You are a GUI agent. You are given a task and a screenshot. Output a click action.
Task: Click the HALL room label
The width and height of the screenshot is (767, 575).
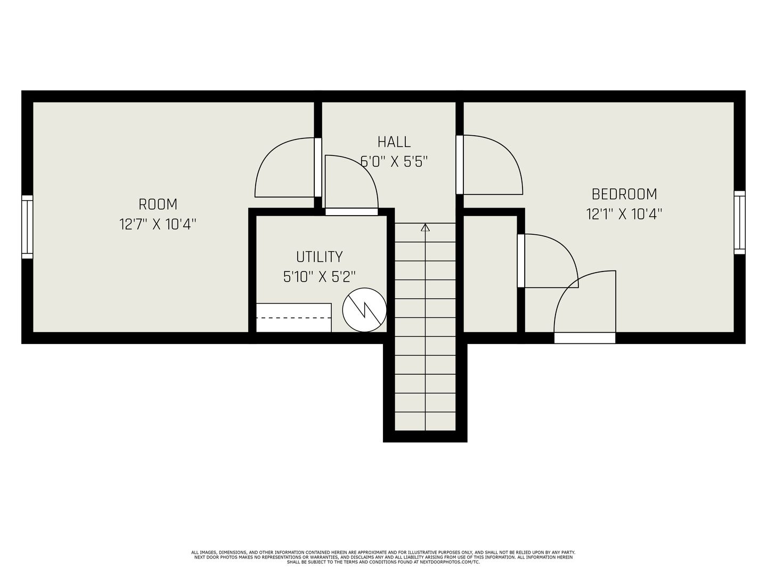[394, 142]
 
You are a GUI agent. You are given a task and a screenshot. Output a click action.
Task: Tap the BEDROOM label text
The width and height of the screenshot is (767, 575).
[624, 194]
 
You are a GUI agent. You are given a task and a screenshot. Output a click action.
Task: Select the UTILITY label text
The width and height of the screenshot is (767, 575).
[319, 257]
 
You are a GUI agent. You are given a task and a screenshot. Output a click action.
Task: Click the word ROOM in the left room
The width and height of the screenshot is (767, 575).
[158, 204]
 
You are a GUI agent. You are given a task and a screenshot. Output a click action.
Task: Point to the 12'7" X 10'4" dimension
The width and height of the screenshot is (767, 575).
[158, 224]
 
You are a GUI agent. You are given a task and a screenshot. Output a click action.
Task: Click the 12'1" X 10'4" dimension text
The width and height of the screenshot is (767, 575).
[624, 214]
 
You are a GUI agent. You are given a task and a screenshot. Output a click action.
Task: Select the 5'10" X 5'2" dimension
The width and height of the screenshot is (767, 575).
[319, 277]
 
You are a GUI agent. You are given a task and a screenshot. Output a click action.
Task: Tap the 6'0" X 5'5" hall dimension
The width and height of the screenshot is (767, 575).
[394, 162]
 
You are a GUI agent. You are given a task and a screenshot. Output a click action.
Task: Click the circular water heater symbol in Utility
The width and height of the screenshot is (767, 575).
[364, 310]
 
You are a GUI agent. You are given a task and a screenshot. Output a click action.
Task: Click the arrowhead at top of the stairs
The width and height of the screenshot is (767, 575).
[425, 228]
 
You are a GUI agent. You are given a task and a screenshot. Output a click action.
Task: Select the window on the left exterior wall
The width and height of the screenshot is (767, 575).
[27, 227]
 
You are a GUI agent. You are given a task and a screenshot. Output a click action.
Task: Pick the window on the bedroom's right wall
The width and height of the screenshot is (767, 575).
[739, 223]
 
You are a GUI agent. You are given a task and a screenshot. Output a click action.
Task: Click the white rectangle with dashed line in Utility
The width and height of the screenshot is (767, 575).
[294, 318]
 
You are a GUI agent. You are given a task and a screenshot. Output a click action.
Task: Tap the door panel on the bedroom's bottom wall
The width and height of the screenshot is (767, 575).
[585, 338]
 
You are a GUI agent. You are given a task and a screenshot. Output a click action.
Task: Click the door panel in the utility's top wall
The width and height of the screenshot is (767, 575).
[352, 212]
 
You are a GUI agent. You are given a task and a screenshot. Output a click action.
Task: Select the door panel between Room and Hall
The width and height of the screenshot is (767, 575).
[317, 167]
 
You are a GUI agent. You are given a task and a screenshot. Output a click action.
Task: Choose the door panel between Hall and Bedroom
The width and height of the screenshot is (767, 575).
[460, 165]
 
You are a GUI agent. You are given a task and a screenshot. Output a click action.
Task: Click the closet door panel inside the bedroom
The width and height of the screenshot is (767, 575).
[521, 260]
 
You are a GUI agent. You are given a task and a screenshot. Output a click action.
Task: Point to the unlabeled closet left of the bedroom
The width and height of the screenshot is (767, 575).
[490, 274]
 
